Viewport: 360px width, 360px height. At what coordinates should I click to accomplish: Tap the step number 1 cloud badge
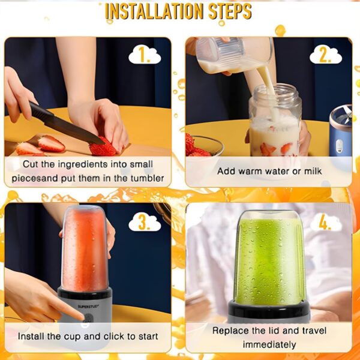tap(145, 55)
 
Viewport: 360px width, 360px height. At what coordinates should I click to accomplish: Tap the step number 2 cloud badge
tap(325, 55)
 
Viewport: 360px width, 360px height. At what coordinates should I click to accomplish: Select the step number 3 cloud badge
tap(145, 222)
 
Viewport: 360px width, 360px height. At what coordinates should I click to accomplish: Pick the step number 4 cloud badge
tap(325, 222)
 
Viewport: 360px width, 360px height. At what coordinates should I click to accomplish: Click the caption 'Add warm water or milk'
tap(269, 172)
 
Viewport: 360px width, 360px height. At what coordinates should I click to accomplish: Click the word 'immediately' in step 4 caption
tap(269, 344)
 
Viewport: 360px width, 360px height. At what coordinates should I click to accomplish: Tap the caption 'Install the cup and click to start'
tap(88, 337)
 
